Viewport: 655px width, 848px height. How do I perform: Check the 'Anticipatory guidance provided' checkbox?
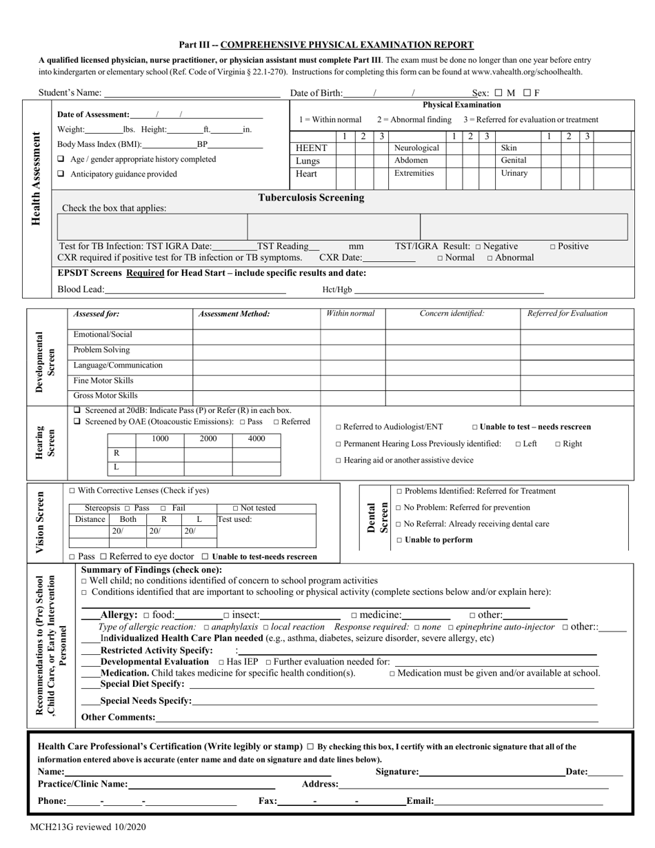click(61, 174)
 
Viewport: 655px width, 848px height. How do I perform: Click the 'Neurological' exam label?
click(416, 148)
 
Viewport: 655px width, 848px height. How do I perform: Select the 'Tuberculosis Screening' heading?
click(311, 198)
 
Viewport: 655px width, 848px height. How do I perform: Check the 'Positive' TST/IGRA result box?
click(553, 247)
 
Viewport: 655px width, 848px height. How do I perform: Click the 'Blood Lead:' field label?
click(81, 290)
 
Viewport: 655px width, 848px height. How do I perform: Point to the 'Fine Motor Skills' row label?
click(103, 381)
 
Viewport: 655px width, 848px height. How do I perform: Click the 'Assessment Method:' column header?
click(234, 314)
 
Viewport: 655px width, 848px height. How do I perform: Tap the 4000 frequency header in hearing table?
click(256, 438)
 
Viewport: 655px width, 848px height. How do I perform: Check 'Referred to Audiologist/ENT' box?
click(339, 427)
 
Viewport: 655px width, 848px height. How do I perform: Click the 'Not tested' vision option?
click(236, 509)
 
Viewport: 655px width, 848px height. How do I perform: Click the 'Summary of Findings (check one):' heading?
click(152, 570)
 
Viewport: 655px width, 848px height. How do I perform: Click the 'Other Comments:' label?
click(118, 718)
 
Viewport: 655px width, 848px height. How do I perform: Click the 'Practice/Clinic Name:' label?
click(82, 785)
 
